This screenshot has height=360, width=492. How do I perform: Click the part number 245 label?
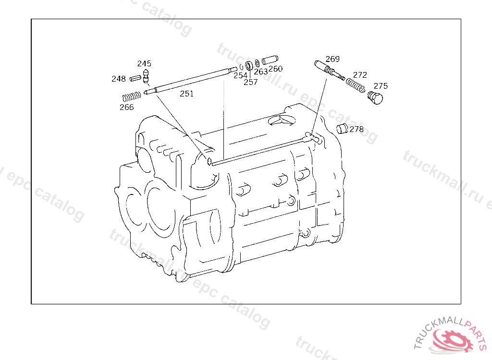(x=144, y=63)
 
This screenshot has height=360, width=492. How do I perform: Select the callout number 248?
(x=119, y=79)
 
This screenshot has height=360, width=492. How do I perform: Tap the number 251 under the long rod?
(x=187, y=94)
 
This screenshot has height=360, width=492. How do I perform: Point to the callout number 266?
(x=127, y=107)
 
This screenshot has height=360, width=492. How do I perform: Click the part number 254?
(x=240, y=75)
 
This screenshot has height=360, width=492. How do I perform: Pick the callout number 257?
(x=251, y=82)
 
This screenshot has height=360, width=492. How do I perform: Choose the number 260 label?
(x=275, y=69)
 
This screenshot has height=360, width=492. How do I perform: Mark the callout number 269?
(x=332, y=59)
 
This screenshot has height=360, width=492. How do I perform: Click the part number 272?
(x=360, y=75)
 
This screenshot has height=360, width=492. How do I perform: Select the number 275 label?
(x=381, y=86)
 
